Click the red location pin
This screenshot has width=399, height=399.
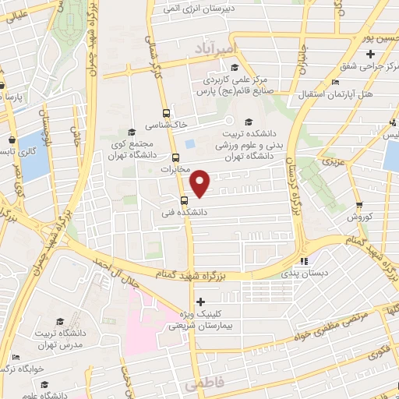pyautogui.click(x=201, y=184)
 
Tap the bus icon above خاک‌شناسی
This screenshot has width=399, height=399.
pyautogui.click(x=166, y=111)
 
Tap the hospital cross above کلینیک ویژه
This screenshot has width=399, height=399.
pyautogui.click(x=201, y=301)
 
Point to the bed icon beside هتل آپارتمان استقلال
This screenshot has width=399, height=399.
pyautogui.click(x=334, y=82)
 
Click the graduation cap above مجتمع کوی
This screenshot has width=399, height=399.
pyautogui.click(x=131, y=132)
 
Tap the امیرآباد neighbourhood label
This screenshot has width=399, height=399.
pyautogui.click(x=211, y=48)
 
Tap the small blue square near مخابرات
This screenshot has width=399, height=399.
pyautogui.click(x=191, y=143)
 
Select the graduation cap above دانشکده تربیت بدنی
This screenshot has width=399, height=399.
pyautogui.click(x=248, y=121)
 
